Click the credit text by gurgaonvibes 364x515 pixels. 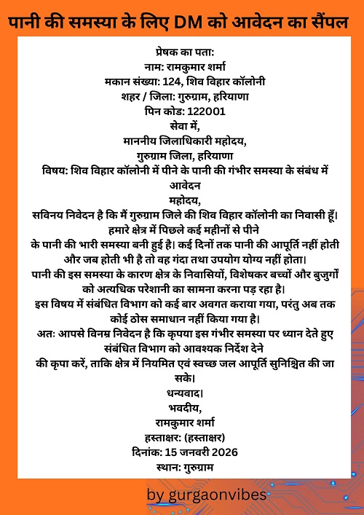[205, 496]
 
